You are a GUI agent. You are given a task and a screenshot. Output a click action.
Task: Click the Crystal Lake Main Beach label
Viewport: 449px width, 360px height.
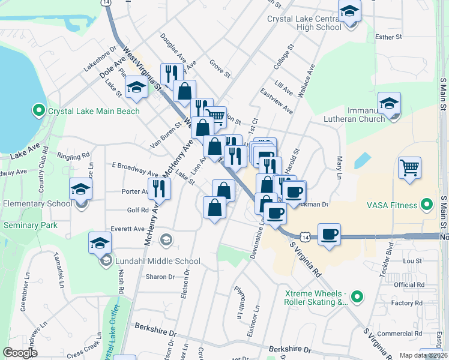click(x=93, y=111)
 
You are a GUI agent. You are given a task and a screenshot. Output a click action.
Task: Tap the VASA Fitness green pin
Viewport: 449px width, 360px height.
click(x=426, y=205)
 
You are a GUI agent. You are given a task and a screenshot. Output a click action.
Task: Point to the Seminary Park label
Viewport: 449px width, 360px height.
click(x=30, y=225)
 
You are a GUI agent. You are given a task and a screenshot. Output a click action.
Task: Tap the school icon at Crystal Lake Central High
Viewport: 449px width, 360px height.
click(x=349, y=11)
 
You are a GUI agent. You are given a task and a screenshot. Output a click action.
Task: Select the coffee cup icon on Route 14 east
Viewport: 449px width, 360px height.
click(x=328, y=235)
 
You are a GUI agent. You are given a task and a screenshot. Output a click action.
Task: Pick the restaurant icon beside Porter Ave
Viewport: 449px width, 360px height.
click(x=159, y=188)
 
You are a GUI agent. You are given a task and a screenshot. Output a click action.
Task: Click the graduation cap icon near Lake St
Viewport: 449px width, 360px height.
click(x=137, y=88)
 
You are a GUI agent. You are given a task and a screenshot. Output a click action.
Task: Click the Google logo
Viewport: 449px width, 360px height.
click(x=20, y=353)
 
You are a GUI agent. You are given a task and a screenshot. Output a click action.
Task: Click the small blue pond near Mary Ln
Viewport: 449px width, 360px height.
click(x=363, y=160)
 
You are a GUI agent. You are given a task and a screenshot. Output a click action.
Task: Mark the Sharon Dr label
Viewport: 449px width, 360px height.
click(x=160, y=277)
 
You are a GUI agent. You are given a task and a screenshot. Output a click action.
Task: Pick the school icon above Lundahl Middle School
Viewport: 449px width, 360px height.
click(x=100, y=244)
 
